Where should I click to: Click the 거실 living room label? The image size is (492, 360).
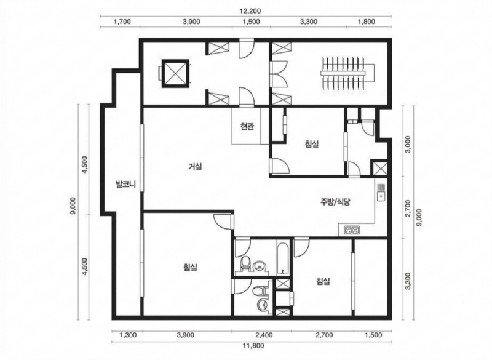point(195,166)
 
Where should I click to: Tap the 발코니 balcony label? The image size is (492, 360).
point(125,184)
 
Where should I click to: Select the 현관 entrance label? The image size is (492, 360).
point(247,127)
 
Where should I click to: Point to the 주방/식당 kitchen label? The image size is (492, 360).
point(335,201)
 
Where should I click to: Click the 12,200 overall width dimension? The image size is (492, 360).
point(250,11)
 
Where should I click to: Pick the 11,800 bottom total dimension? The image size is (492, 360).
point(253,346)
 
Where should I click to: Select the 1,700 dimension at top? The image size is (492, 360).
point(122,22)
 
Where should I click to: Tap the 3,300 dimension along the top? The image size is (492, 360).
point(309,22)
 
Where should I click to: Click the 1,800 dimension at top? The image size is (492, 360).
point(366,22)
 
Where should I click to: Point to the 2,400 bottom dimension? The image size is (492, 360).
point(264,335)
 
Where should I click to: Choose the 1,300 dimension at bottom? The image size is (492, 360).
point(128,335)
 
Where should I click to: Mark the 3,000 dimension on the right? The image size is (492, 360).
point(408,144)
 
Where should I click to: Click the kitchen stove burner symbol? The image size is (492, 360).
point(352,231)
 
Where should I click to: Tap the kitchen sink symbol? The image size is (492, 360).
point(381,191)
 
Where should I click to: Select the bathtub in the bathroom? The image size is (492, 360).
point(284,257)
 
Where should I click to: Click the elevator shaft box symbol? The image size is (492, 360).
point(175,73)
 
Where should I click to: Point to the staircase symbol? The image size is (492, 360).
point(347,73)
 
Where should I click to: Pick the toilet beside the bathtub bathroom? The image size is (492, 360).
point(245,262)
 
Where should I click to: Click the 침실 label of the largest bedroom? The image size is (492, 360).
point(191,268)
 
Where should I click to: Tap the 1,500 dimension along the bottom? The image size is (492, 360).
point(374,335)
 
